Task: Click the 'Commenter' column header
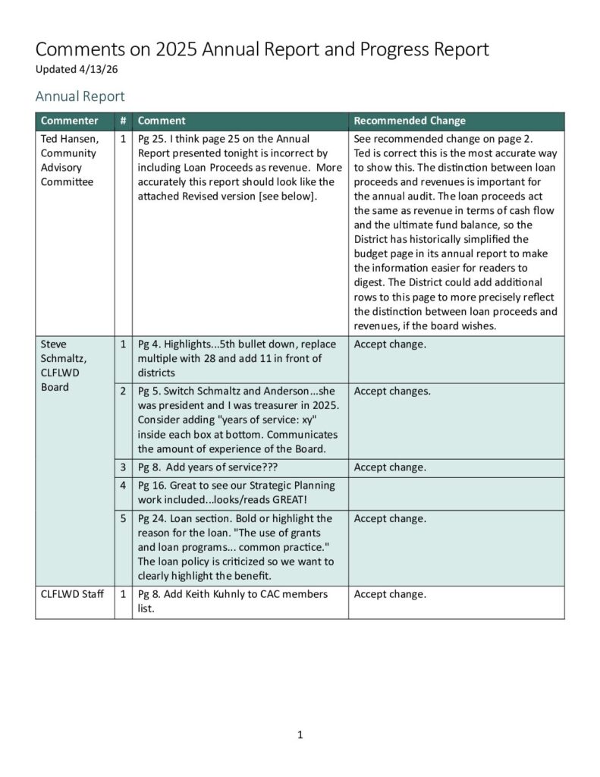[x=69, y=121]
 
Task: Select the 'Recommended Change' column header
[x=410, y=121]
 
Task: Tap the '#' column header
[x=123, y=121]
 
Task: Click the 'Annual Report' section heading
[x=80, y=96]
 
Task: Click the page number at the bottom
[x=300, y=734]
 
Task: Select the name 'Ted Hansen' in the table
[x=68, y=139]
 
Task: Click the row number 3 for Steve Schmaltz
[x=123, y=467]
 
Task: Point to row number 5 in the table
[x=123, y=519]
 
